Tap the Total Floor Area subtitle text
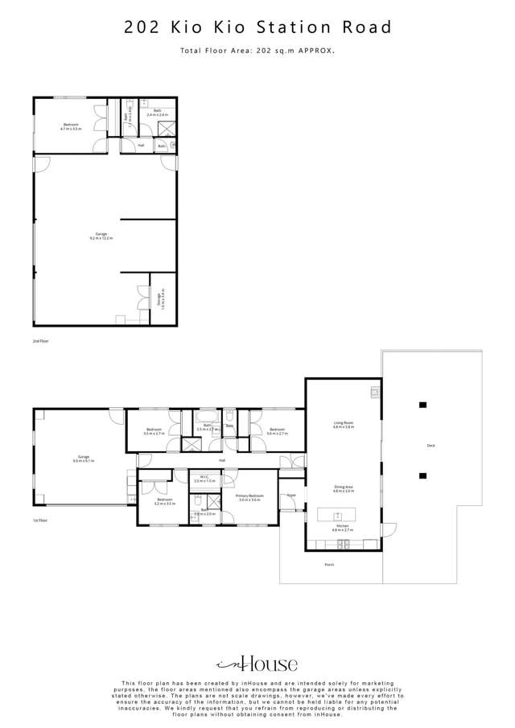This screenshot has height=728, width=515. point(257,50)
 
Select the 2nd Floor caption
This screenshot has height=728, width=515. point(41,342)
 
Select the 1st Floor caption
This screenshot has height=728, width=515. point(41,520)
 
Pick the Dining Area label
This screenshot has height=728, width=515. point(344,487)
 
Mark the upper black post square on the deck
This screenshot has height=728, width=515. point(422,405)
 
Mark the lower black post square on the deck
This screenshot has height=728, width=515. point(422,475)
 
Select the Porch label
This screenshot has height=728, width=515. point(328,565)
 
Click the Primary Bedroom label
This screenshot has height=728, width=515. point(250,497)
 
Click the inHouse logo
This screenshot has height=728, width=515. point(257,664)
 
